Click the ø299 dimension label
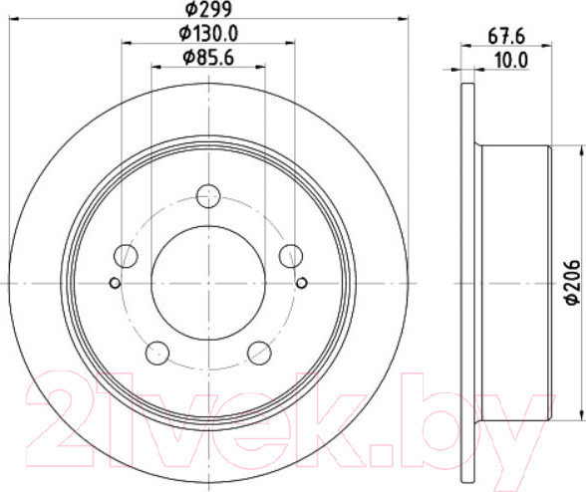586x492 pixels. coord(208,9)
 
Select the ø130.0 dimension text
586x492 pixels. coord(208,34)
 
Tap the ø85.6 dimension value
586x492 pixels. coord(208,58)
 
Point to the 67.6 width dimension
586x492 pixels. coord(506,37)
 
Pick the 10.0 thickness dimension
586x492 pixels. coord(510,61)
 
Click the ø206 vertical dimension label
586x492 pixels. coord(572,283)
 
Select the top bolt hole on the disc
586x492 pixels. coord(208,196)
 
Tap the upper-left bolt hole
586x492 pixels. coord(126,256)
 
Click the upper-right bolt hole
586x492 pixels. coord(291,256)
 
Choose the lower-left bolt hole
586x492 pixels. coord(157,353)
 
